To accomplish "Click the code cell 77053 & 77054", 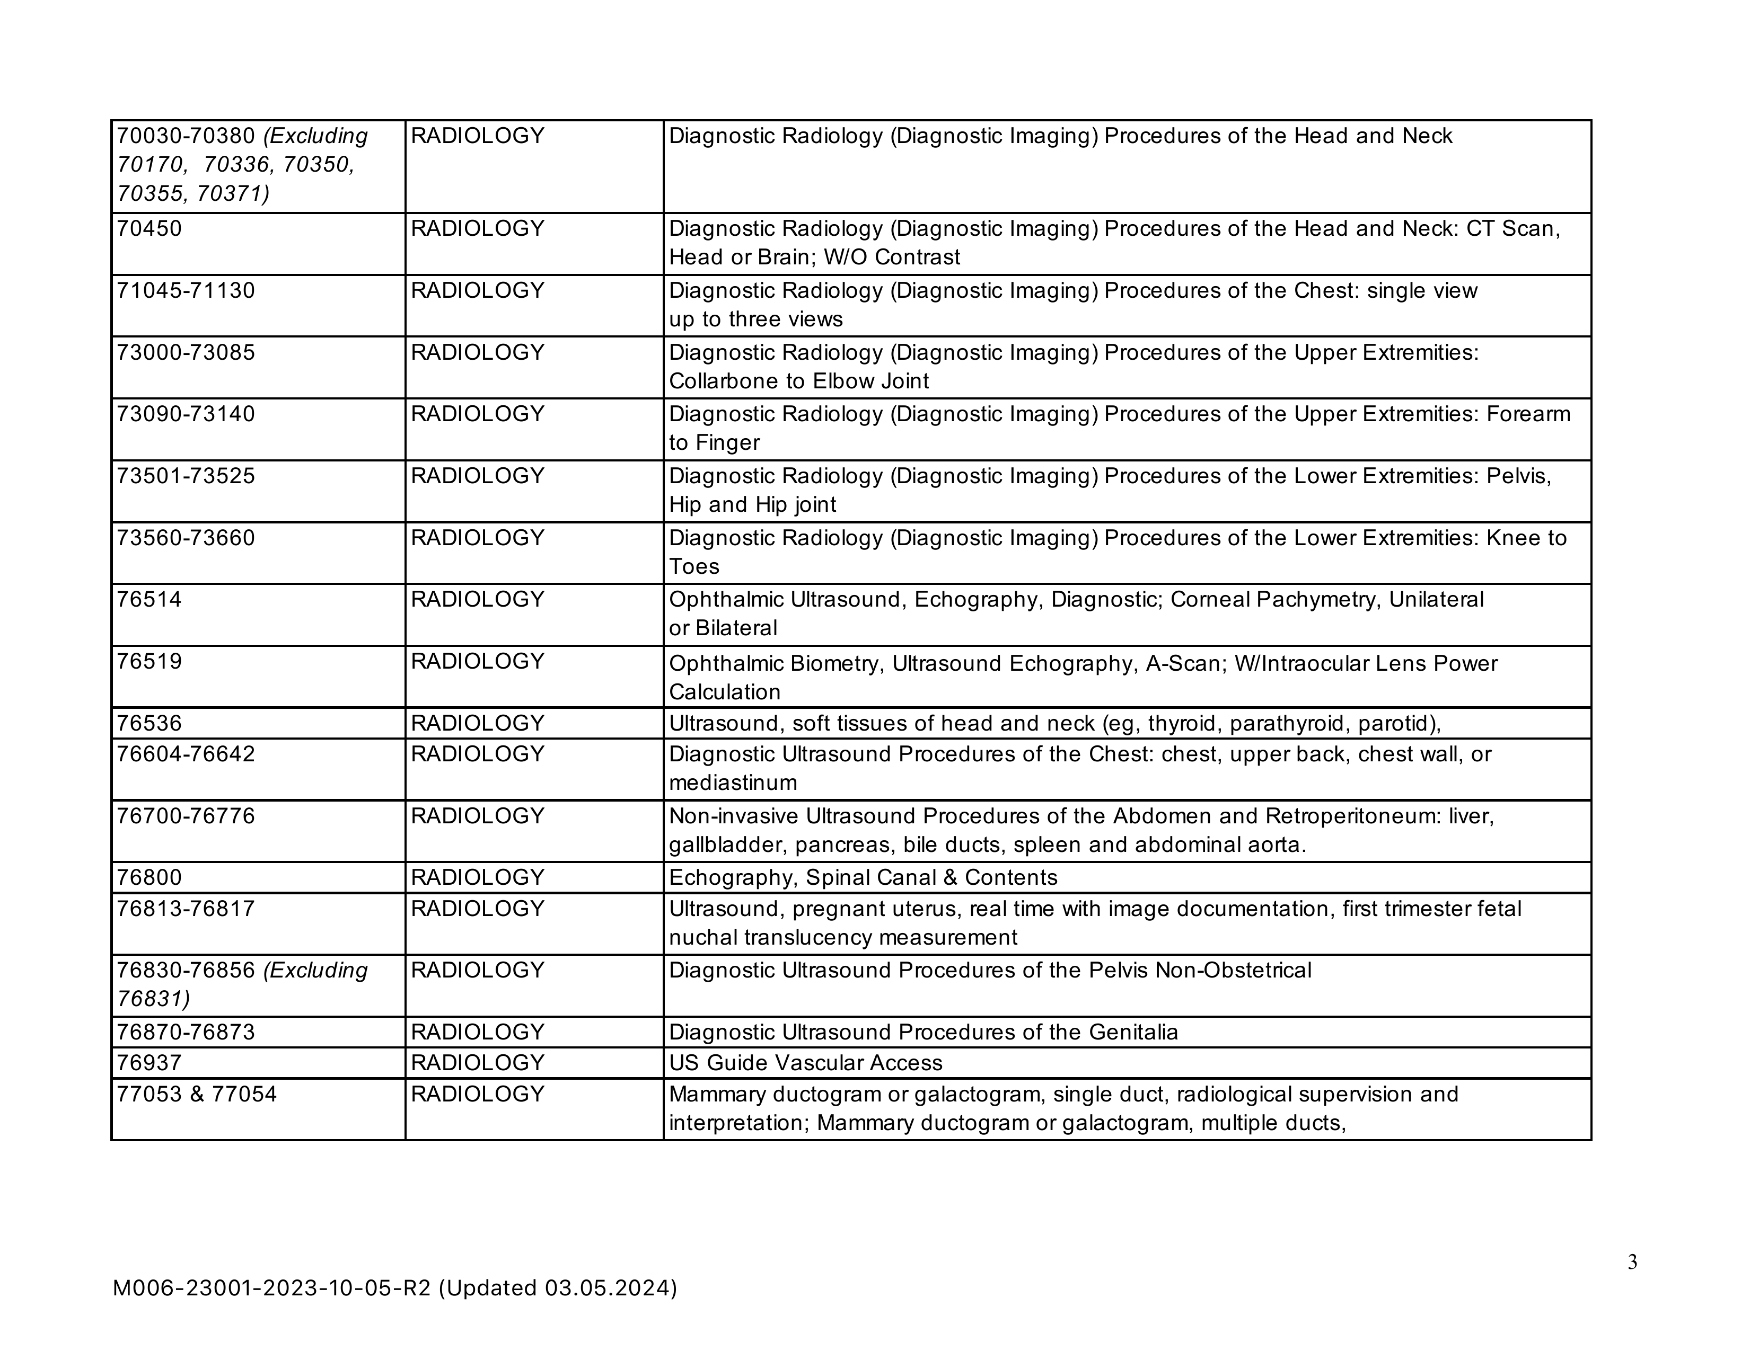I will click(196, 1094).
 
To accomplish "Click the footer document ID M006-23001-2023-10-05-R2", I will click(271, 1288).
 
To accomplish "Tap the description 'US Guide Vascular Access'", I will click(805, 1063).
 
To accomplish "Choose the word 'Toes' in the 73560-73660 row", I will click(694, 567).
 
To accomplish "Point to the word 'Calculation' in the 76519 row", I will click(724, 692).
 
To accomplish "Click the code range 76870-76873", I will click(186, 1032).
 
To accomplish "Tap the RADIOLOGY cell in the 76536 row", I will click(478, 724).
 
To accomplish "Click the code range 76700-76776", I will click(186, 816).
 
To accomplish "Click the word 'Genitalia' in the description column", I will click(1133, 1032).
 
